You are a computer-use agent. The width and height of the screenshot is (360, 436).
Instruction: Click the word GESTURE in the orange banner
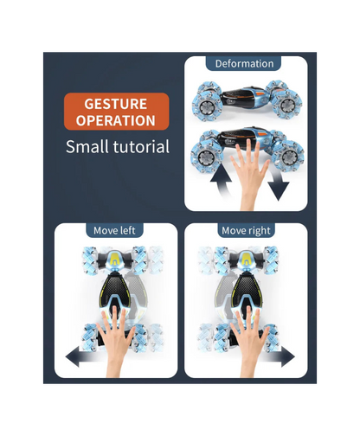(116, 104)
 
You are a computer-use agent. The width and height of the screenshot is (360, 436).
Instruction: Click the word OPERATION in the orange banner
(116, 120)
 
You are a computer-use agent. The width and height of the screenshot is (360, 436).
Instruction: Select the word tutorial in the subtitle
(141, 146)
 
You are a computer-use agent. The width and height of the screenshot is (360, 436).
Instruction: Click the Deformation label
(244, 64)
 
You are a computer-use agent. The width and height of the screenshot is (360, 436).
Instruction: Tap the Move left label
(114, 231)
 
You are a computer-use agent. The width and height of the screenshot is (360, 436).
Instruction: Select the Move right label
(246, 231)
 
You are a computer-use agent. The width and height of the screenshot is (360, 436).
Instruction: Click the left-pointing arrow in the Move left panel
(82, 357)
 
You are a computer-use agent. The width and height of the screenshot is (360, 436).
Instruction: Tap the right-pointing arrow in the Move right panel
(279, 357)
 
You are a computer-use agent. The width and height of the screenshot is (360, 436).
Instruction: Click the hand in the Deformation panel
(250, 173)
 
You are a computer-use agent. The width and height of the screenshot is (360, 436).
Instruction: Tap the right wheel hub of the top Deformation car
(286, 106)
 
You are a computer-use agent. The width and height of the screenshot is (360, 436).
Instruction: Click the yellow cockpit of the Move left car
(115, 260)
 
